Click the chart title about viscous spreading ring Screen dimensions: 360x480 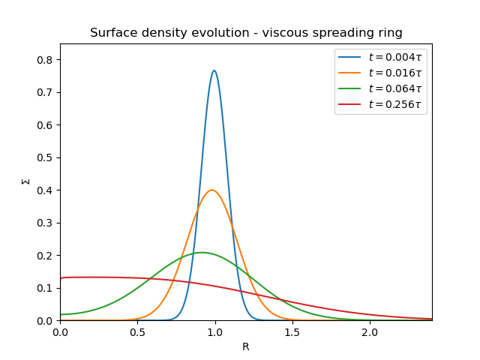click(x=246, y=33)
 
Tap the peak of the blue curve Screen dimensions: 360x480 click(x=214, y=70)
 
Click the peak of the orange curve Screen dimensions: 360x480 click(x=212, y=190)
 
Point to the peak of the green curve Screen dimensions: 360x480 click(x=202, y=252)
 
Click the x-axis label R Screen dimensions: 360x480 click(x=246, y=346)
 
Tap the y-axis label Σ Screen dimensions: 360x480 click(x=25, y=181)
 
